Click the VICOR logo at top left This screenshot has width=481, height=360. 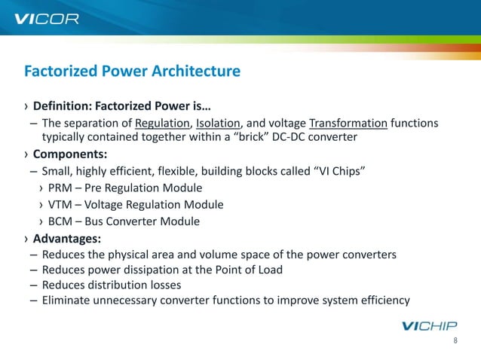point(47,17)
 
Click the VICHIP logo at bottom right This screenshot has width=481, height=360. point(421,326)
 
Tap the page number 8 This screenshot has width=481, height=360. point(455,341)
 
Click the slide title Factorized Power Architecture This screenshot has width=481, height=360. point(132,72)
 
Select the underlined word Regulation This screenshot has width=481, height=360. point(164,124)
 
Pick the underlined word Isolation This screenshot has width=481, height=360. point(219,124)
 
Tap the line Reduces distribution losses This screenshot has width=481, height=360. point(122,285)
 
